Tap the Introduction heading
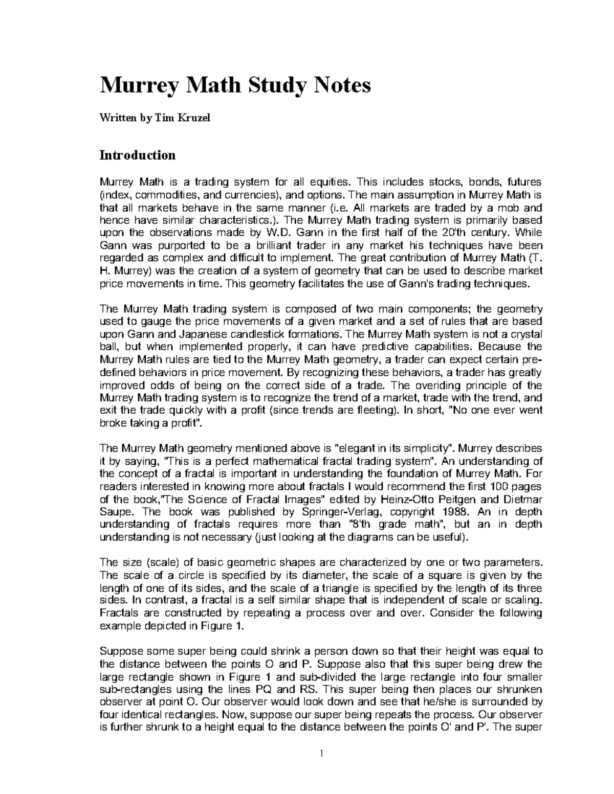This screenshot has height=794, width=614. click(x=137, y=155)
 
